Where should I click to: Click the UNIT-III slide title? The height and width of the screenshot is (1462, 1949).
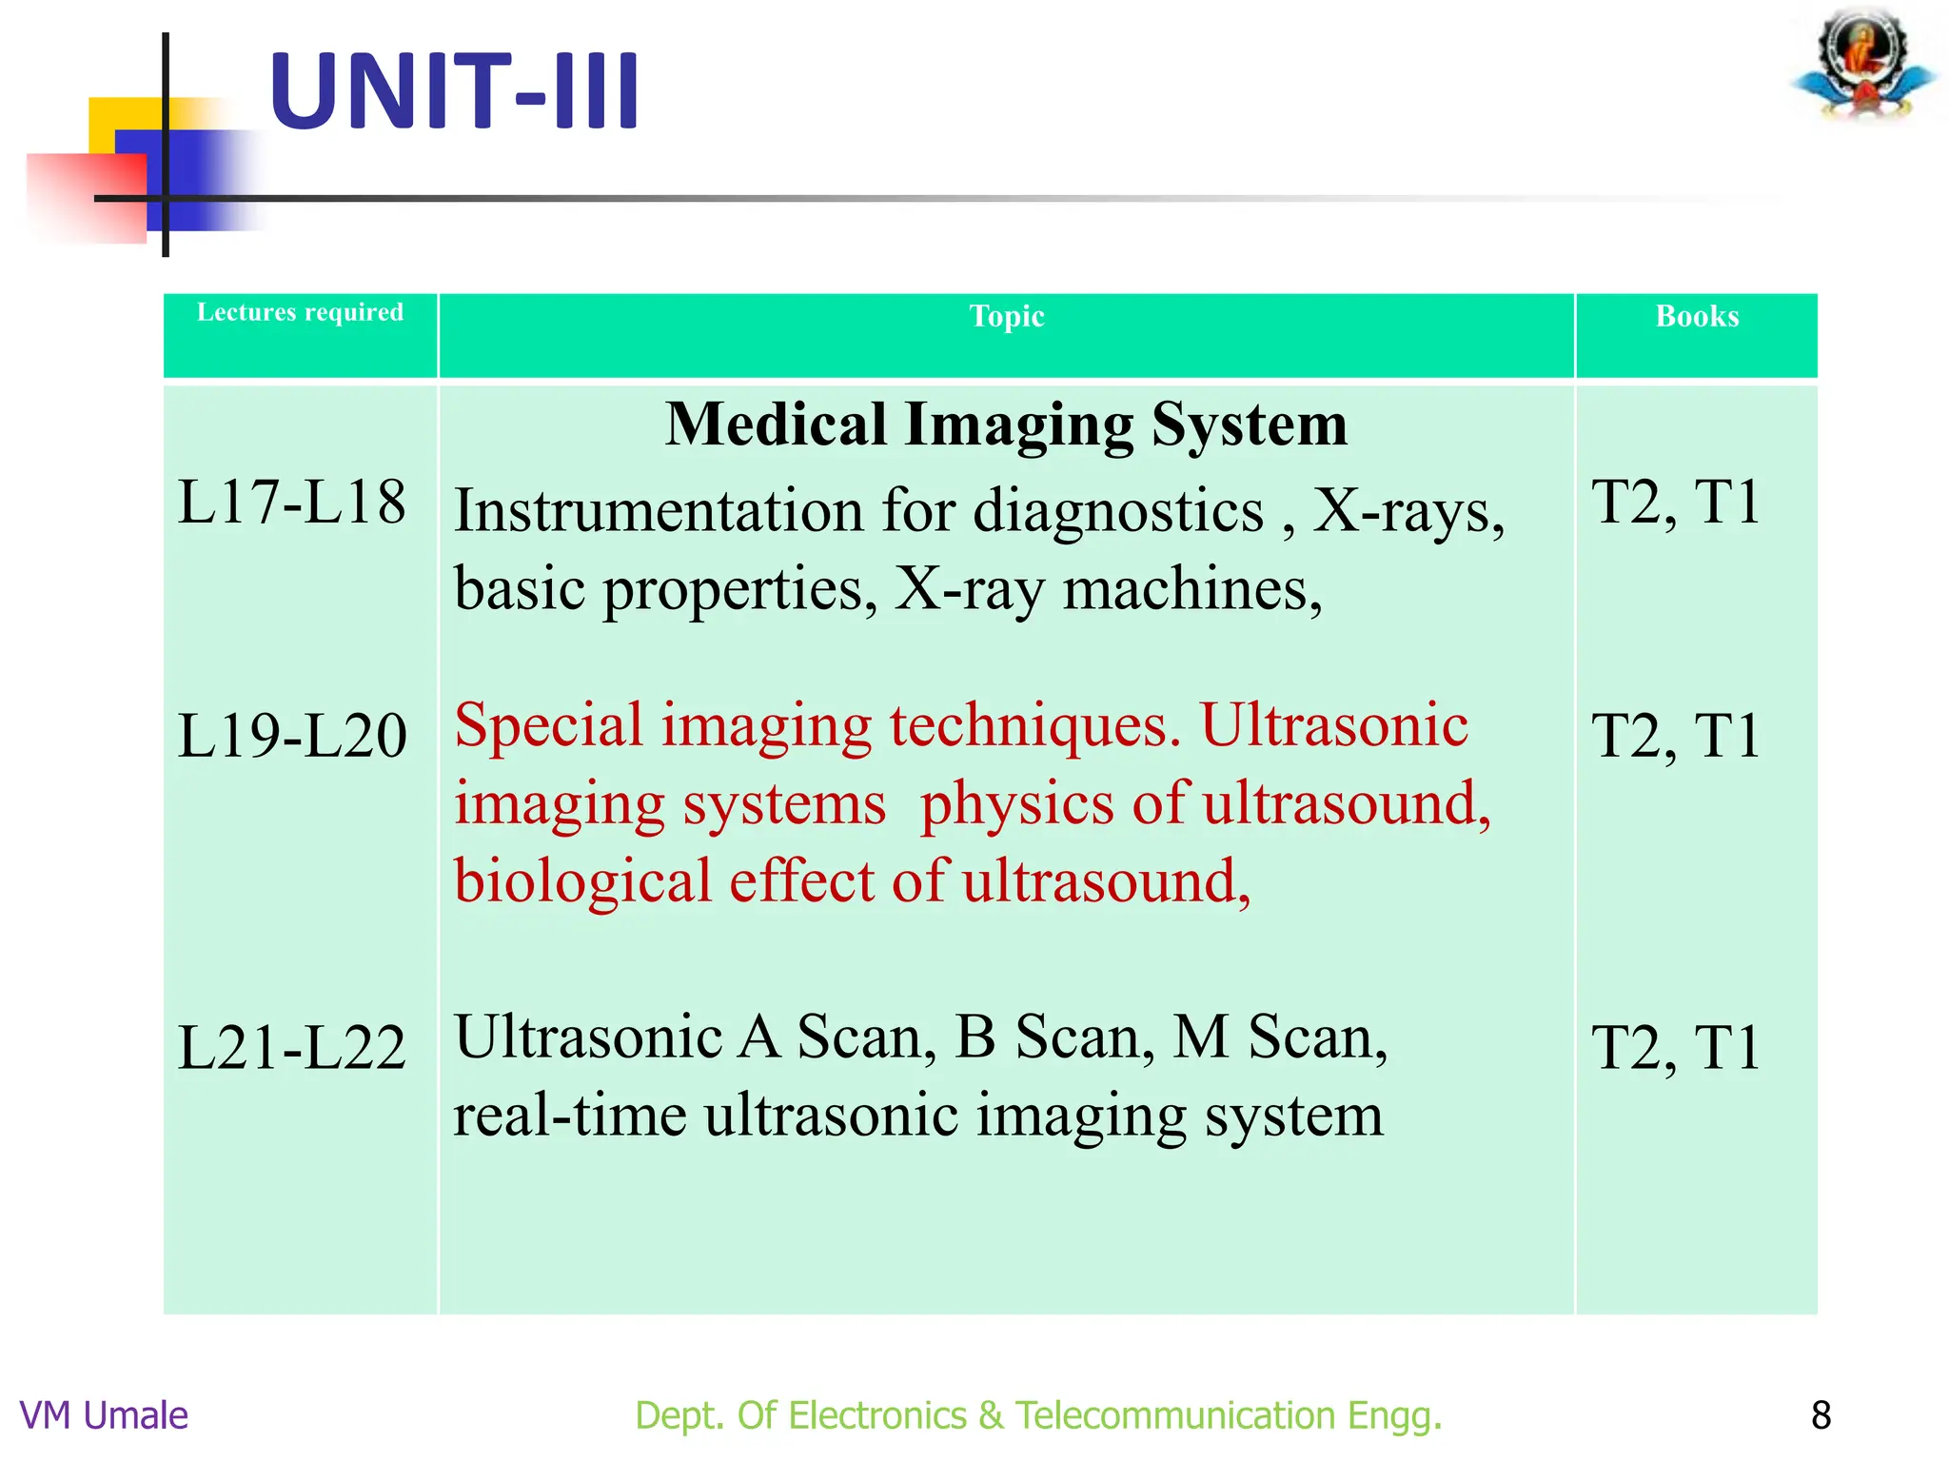tap(454, 92)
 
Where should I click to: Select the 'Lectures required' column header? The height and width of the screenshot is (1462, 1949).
tap(300, 312)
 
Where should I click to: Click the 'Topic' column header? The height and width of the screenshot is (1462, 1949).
tap(1007, 316)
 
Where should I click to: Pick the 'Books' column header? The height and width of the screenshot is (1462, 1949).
tap(1697, 316)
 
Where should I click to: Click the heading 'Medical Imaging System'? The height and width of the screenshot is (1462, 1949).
tap(1006, 424)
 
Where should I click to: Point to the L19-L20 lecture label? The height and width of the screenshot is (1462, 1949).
tap(292, 736)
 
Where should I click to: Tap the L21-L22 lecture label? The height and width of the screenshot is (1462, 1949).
tap(292, 1048)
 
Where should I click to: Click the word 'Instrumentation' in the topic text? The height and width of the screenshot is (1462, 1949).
tap(658, 511)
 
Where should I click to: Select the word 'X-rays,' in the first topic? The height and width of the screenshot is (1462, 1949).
tap(1408, 511)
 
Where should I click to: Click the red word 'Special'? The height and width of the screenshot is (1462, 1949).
tap(549, 725)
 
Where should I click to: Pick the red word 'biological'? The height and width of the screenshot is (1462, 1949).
tap(582, 881)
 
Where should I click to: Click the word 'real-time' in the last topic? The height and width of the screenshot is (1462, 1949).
tap(569, 1116)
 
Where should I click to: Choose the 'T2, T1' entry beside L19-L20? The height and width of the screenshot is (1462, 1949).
tap(1676, 736)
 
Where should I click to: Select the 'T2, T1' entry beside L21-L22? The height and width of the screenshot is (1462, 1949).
tap(1676, 1048)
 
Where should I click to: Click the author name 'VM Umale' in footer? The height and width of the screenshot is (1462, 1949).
tap(104, 1415)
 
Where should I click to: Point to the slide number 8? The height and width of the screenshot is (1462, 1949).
tap(1821, 1415)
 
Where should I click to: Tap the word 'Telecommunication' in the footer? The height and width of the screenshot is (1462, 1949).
tap(1175, 1415)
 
